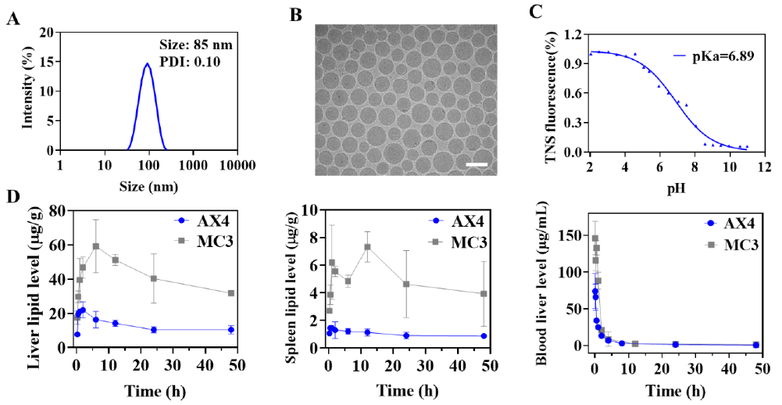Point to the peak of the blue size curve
(x=147, y=64)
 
